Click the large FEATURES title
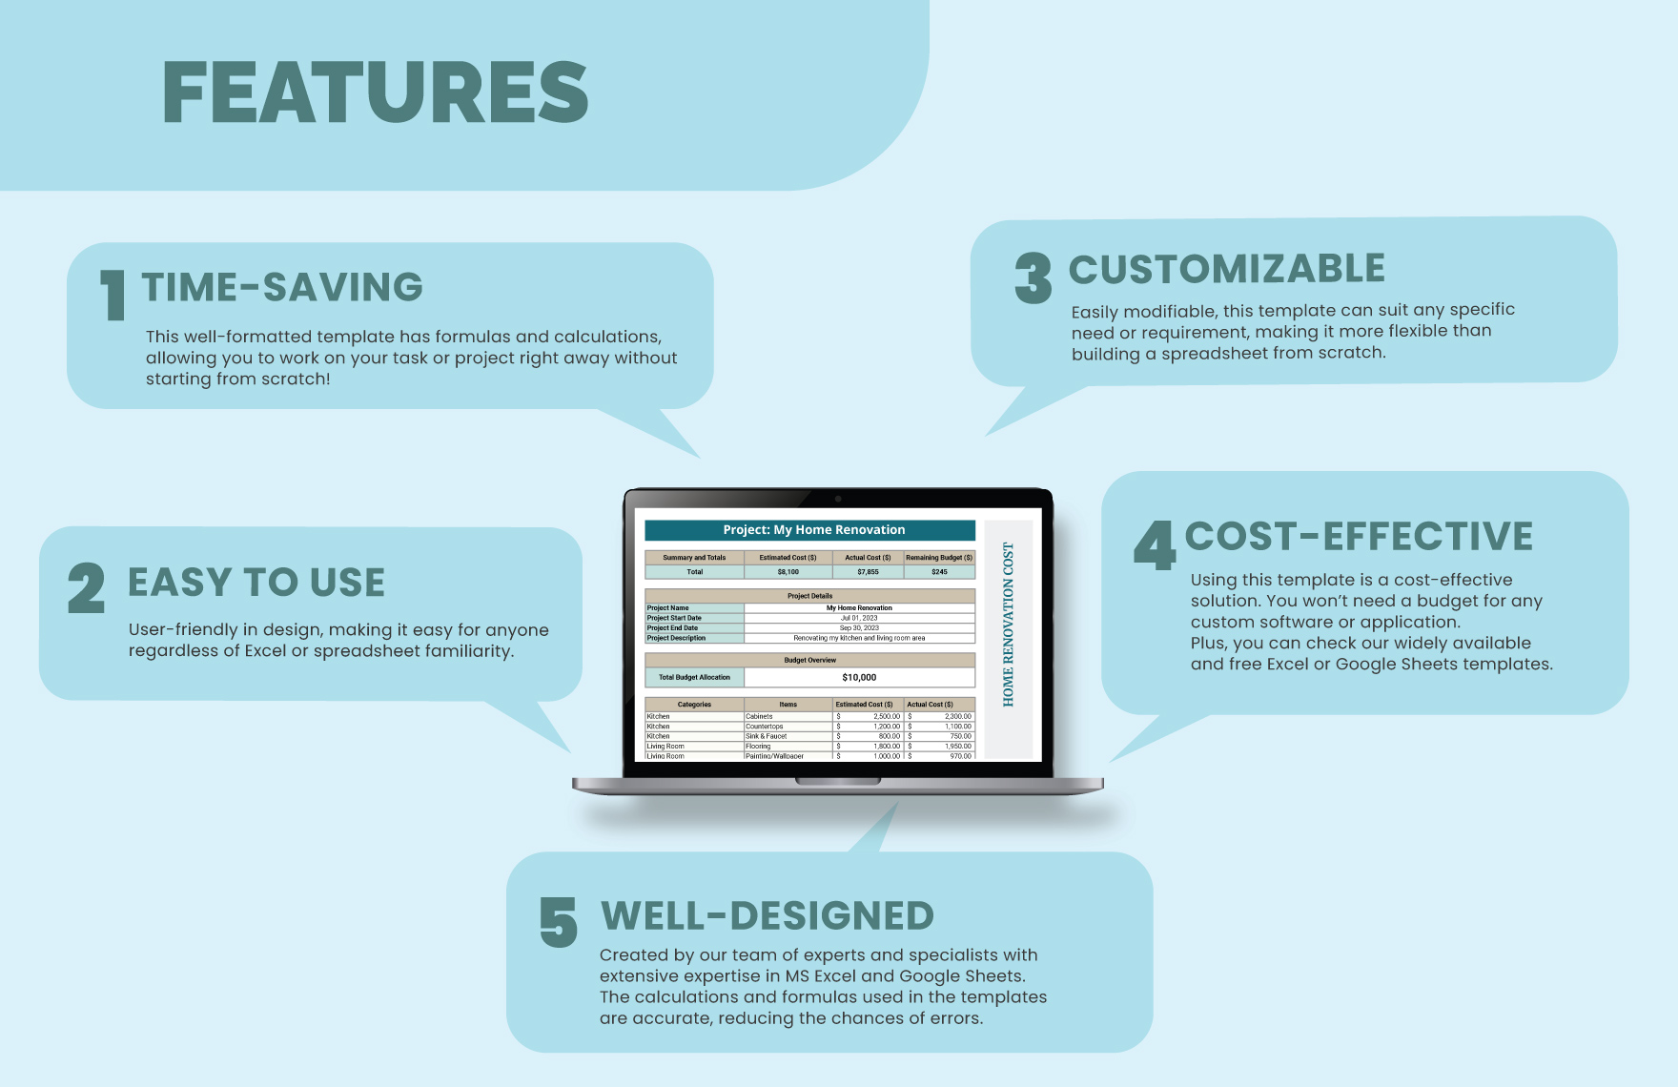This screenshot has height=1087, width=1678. pos(376,92)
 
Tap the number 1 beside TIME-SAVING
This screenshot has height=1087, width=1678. pos(113,295)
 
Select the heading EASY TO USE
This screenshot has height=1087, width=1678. pos(256,583)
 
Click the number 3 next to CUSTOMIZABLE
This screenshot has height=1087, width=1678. pos(1033,278)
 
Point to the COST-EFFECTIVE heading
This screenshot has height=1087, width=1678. pos(1359,536)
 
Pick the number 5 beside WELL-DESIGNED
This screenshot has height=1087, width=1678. pos(559,922)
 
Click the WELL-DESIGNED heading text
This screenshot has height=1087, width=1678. pos(767,915)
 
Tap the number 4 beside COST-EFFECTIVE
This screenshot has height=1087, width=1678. pos(1154,545)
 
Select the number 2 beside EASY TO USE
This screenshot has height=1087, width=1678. pos(86,588)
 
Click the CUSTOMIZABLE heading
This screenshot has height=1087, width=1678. pos(1226,269)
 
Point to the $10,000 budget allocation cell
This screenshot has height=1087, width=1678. pos(859,677)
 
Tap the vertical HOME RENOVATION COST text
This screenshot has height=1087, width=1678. pos(1008,625)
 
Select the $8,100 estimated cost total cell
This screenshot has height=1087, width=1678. pos(788,572)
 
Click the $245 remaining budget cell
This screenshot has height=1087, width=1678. pos(939,572)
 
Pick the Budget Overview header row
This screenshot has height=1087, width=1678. pos(810,660)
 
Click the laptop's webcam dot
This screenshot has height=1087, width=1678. pos(838,499)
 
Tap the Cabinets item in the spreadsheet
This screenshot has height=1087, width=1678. pos(760,716)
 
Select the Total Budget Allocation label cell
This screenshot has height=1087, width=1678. pos(694,677)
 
